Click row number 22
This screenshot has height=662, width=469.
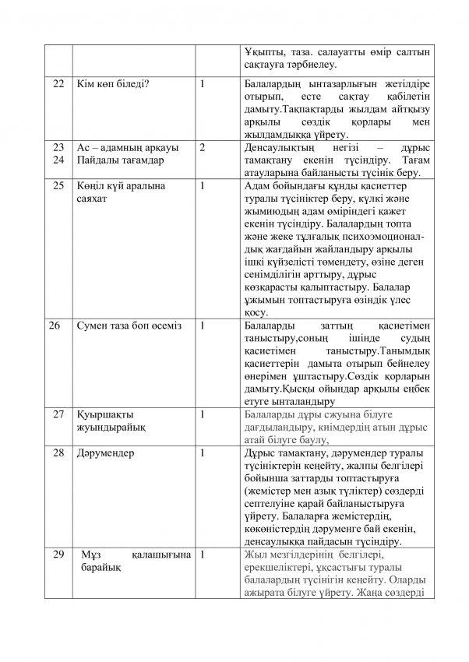pos(57,83)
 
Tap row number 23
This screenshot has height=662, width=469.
pos(57,146)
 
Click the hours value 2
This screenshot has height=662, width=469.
pos(203,146)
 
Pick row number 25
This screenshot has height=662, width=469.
pos(57,186)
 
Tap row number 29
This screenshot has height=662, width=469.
pos(57,554)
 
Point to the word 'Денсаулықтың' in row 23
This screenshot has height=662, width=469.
pos(280,146)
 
